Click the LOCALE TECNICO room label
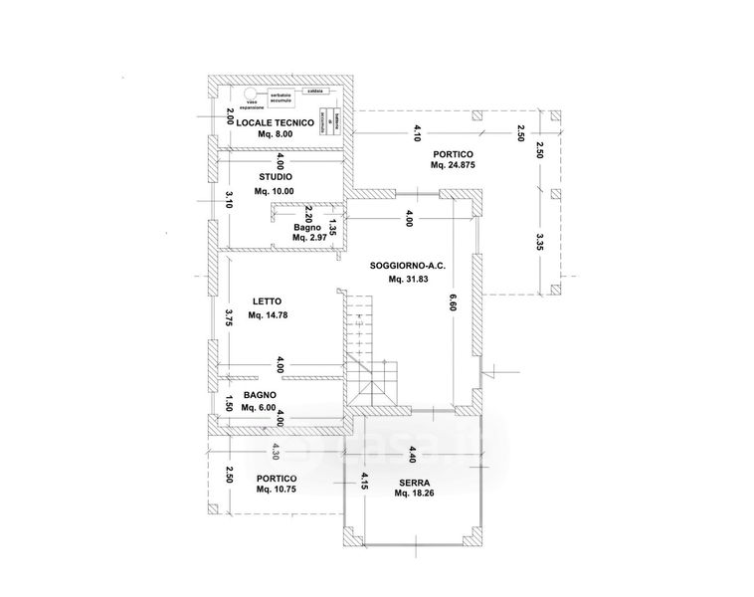[x=276, y=122]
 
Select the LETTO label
[x=267, y=301]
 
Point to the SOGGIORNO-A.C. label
[x=406, y=267]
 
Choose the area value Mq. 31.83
[x=406, y=281]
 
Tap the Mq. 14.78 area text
[x=269, y=315]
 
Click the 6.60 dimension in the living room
[x=452, y=299]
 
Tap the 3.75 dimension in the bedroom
[x=229, y=317]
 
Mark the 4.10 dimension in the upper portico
[x=417, y=129]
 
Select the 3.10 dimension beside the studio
[x=229, y=198]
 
